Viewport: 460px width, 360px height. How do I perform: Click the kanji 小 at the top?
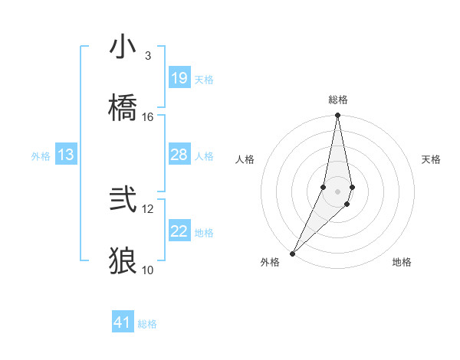pos(123,47)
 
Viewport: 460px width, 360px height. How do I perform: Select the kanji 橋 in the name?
pos(123,108)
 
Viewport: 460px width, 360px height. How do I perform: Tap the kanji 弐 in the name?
pos(123,200)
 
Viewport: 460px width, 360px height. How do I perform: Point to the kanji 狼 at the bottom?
pos(123,260)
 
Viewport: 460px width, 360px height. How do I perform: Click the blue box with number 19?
pos(179,78)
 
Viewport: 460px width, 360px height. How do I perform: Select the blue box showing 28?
pos(179,155)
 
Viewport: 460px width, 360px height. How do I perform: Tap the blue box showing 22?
pos(179,232)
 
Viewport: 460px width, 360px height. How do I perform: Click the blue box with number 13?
pos(66,155)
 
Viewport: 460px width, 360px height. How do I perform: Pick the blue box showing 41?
pos(123,323)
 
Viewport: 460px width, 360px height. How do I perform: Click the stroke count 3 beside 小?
pos(147,56)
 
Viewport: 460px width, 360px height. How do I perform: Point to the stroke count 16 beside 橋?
pos(148,116)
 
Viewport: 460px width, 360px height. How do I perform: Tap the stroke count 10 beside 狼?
pos(148,270)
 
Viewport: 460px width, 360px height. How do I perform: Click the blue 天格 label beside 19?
pos(204,80)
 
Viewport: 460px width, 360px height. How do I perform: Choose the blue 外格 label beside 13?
pos(41,156)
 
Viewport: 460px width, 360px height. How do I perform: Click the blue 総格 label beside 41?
pos(147,324)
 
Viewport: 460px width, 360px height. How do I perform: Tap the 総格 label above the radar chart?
pos(338,100)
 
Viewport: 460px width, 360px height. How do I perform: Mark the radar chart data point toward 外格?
pos(292,254)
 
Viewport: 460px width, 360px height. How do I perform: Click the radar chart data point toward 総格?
pos(337,116)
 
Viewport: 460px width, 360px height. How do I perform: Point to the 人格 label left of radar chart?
pos(245,159)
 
